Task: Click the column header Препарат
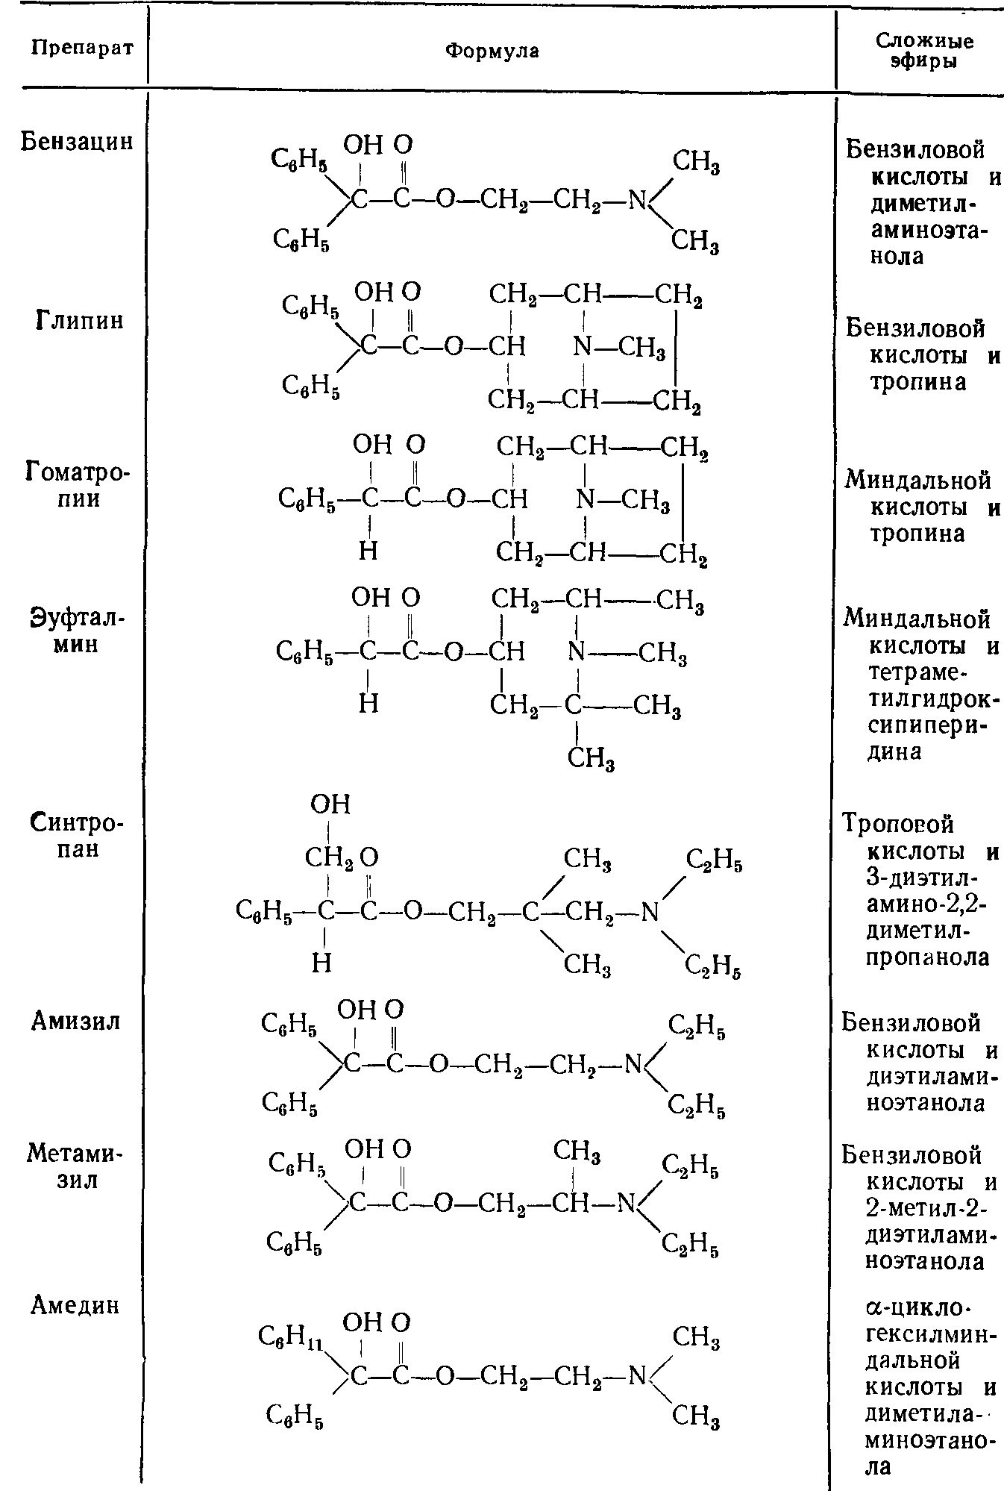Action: [x=83, y=49]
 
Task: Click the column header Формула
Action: [x=492, y=50]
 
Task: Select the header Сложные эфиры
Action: [x=924, y=51]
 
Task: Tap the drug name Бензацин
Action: [x=77, y=140]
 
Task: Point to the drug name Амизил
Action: [x=76, y=1021]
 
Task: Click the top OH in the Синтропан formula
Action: [x=330, y=804]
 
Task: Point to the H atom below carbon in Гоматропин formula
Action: [x=368, y=551]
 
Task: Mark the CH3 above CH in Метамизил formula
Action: [x=577, y=1152]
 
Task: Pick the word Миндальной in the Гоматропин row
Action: [x=917, y=480]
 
